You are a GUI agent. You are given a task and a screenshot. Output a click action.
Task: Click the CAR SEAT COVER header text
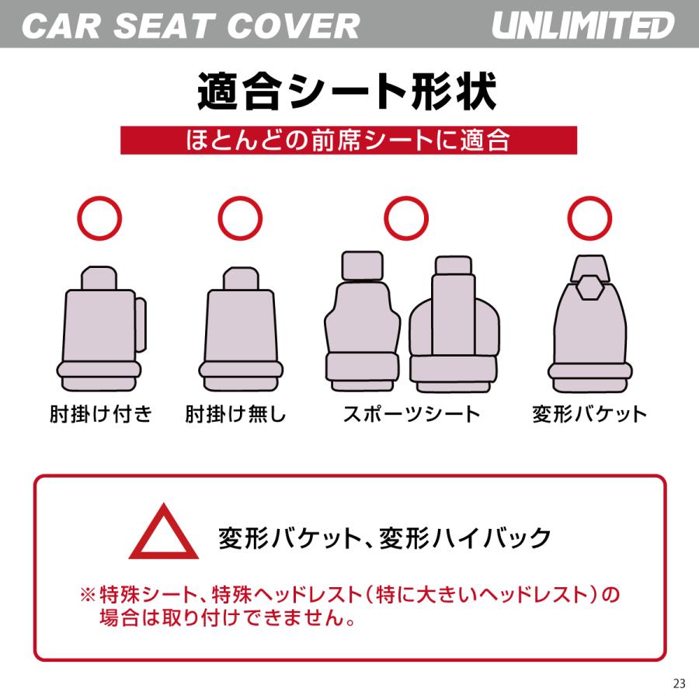point(191,26)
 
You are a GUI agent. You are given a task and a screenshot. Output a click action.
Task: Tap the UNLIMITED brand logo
point(582,26)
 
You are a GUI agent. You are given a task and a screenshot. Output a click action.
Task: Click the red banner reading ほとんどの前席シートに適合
point(349,141)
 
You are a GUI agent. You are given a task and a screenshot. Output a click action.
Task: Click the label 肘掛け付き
point(100,413)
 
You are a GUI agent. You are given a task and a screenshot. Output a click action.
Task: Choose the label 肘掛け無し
point(236,413)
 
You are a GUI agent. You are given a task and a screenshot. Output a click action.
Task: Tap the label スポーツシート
point(412,413)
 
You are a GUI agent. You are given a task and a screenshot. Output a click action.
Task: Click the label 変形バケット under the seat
point(589,413)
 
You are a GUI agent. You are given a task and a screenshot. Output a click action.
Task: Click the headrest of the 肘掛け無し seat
point(240,280)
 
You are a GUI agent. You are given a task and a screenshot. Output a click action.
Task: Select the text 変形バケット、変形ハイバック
point(385,537)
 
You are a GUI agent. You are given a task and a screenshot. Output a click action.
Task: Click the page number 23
point(680,683)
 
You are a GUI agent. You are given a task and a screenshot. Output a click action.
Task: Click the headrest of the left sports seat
point(361,266)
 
